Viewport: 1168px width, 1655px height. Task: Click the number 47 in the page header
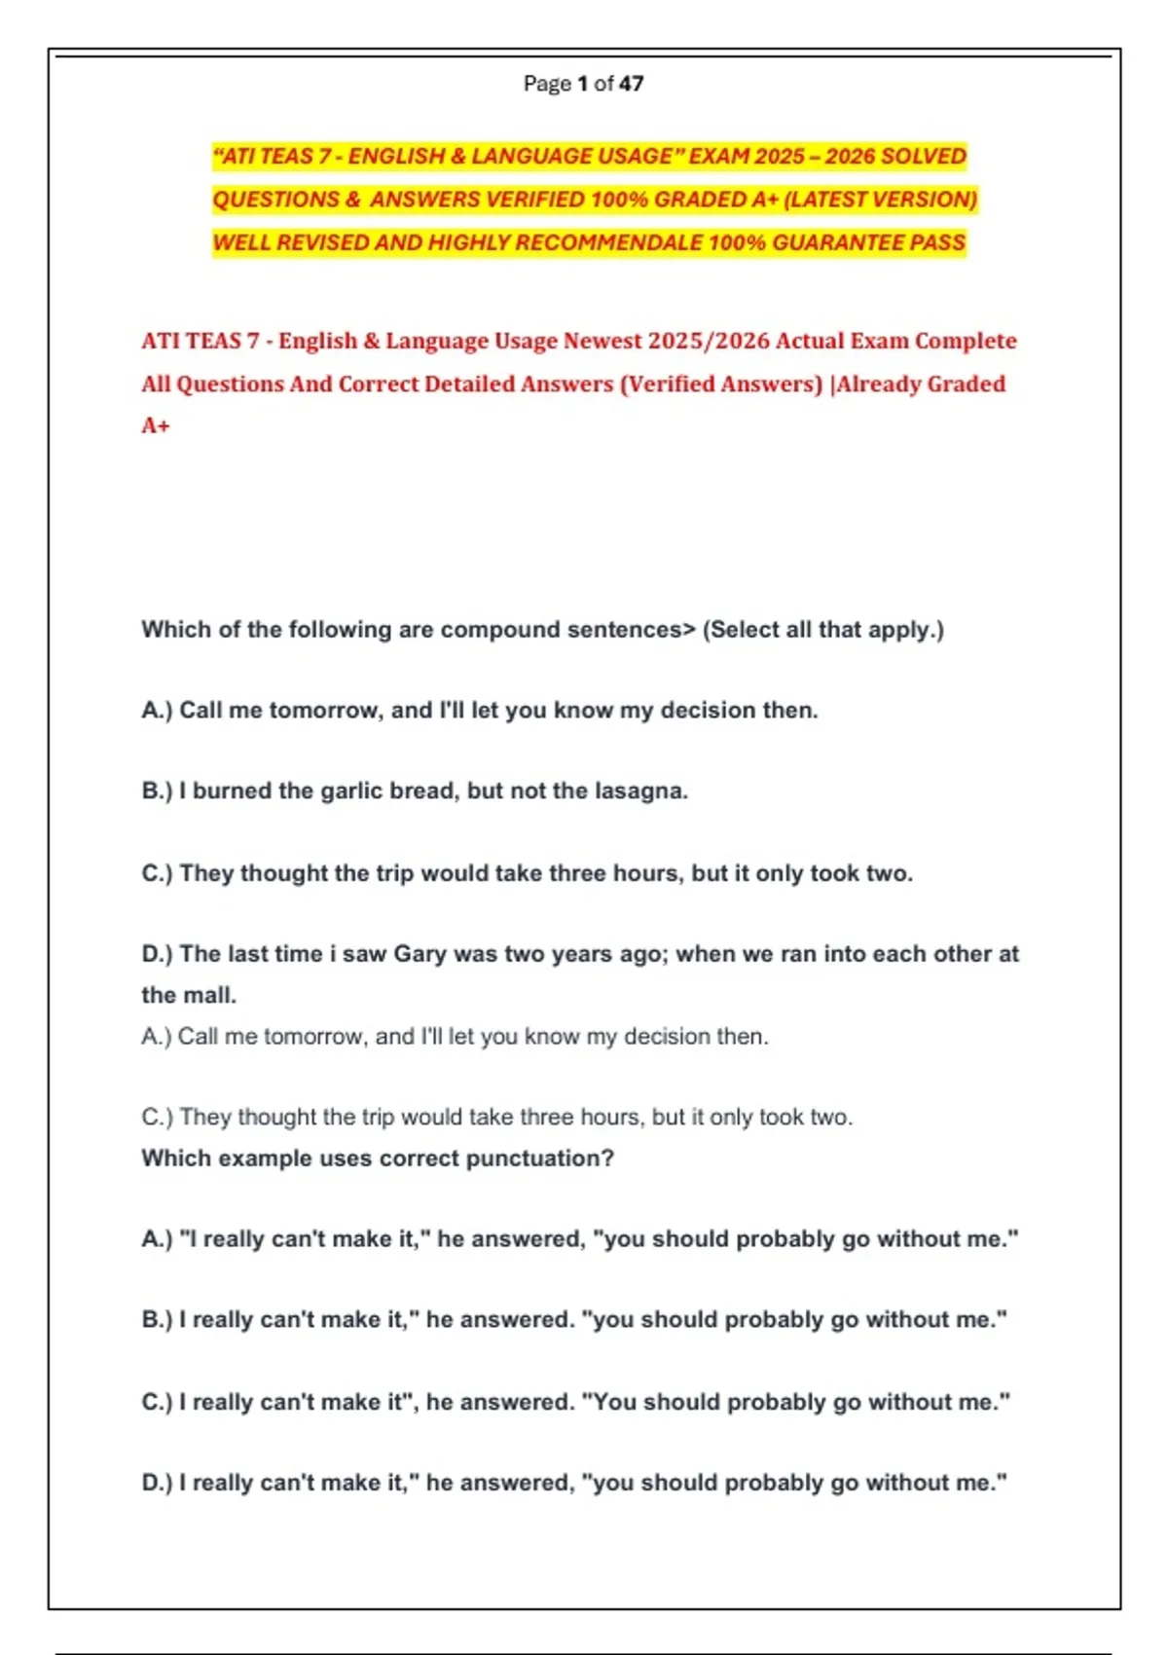[631, 84]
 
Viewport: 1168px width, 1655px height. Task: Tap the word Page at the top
[546, 84]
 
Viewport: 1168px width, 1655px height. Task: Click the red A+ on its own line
[156, 425]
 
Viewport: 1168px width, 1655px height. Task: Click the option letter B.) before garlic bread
[157, 791]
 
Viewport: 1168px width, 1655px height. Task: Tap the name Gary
[420, 954]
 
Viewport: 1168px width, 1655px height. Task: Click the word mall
[216, 995]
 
